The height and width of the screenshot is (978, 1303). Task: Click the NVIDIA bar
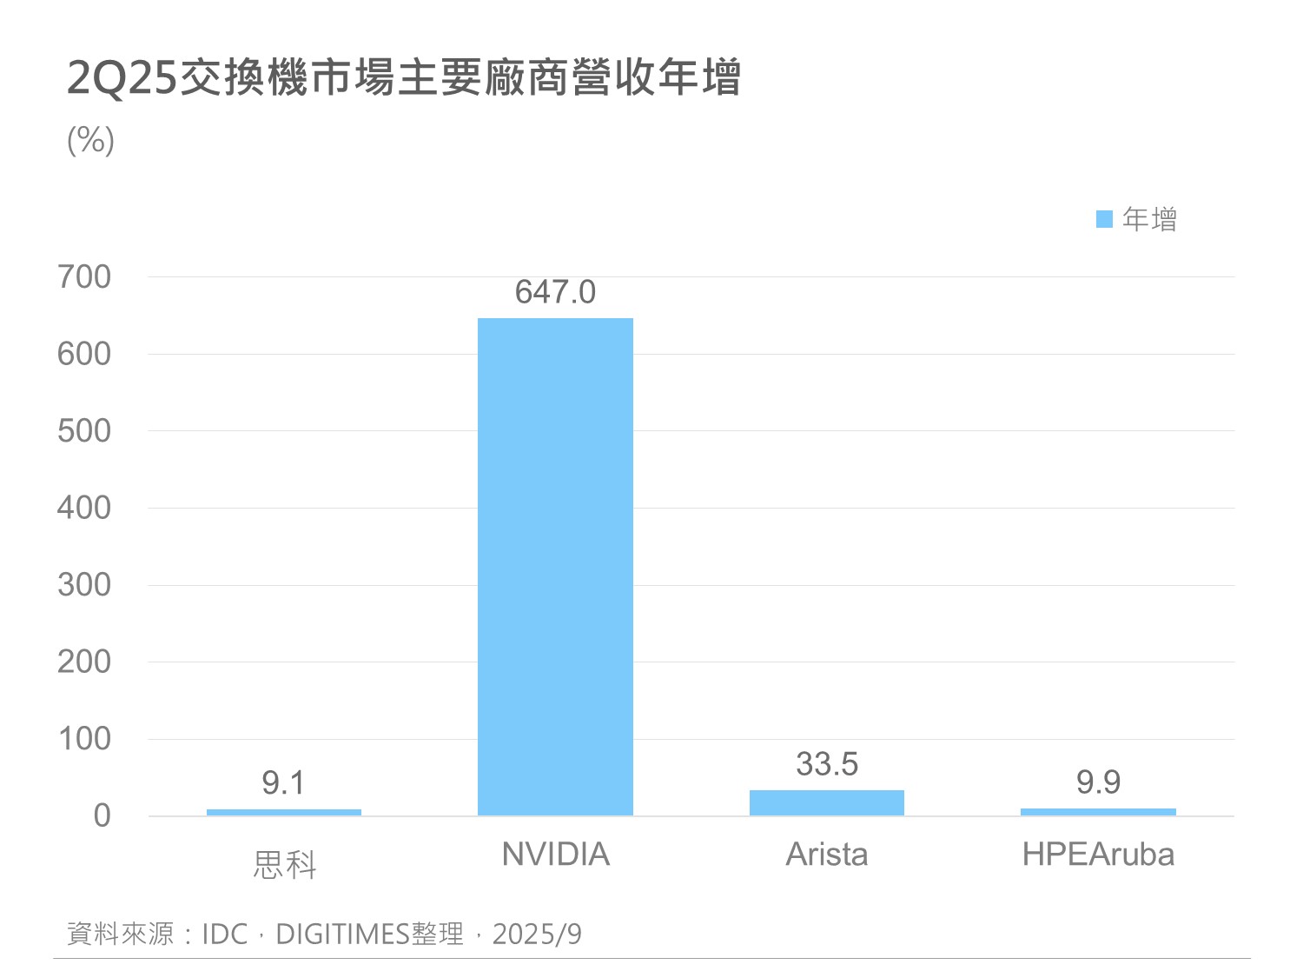click(555, 566)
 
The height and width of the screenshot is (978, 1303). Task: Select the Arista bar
click(826, 802)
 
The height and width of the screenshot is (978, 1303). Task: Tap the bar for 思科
click(284, 812)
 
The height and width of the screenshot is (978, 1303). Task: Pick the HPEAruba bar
click(1098, 812)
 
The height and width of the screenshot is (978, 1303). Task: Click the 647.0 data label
click(555, 293)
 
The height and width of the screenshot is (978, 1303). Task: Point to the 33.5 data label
click(826, 764)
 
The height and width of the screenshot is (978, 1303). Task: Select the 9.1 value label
click(283, 783)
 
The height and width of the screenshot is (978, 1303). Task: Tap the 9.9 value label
click(1098, 782)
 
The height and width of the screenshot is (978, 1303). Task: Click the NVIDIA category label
click(555, 855)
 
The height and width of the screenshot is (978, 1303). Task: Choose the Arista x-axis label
click(826, 855)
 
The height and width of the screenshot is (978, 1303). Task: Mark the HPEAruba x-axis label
click(1098, 855)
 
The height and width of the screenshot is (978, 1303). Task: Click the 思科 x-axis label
click(284, 865)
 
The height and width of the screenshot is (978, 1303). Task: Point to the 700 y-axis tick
click(84, 277)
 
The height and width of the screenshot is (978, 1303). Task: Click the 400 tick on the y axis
click(84, 508)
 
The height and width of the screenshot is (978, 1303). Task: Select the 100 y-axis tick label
click(84, 739)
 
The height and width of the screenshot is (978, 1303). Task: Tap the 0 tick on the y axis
click(103, 815)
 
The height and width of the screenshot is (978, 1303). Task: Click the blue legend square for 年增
click(1104, 219)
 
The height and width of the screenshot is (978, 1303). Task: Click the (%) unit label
click(90, 140)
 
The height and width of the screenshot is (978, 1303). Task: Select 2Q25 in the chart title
click(122, 78)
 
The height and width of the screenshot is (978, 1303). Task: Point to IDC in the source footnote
click(225, 935)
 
